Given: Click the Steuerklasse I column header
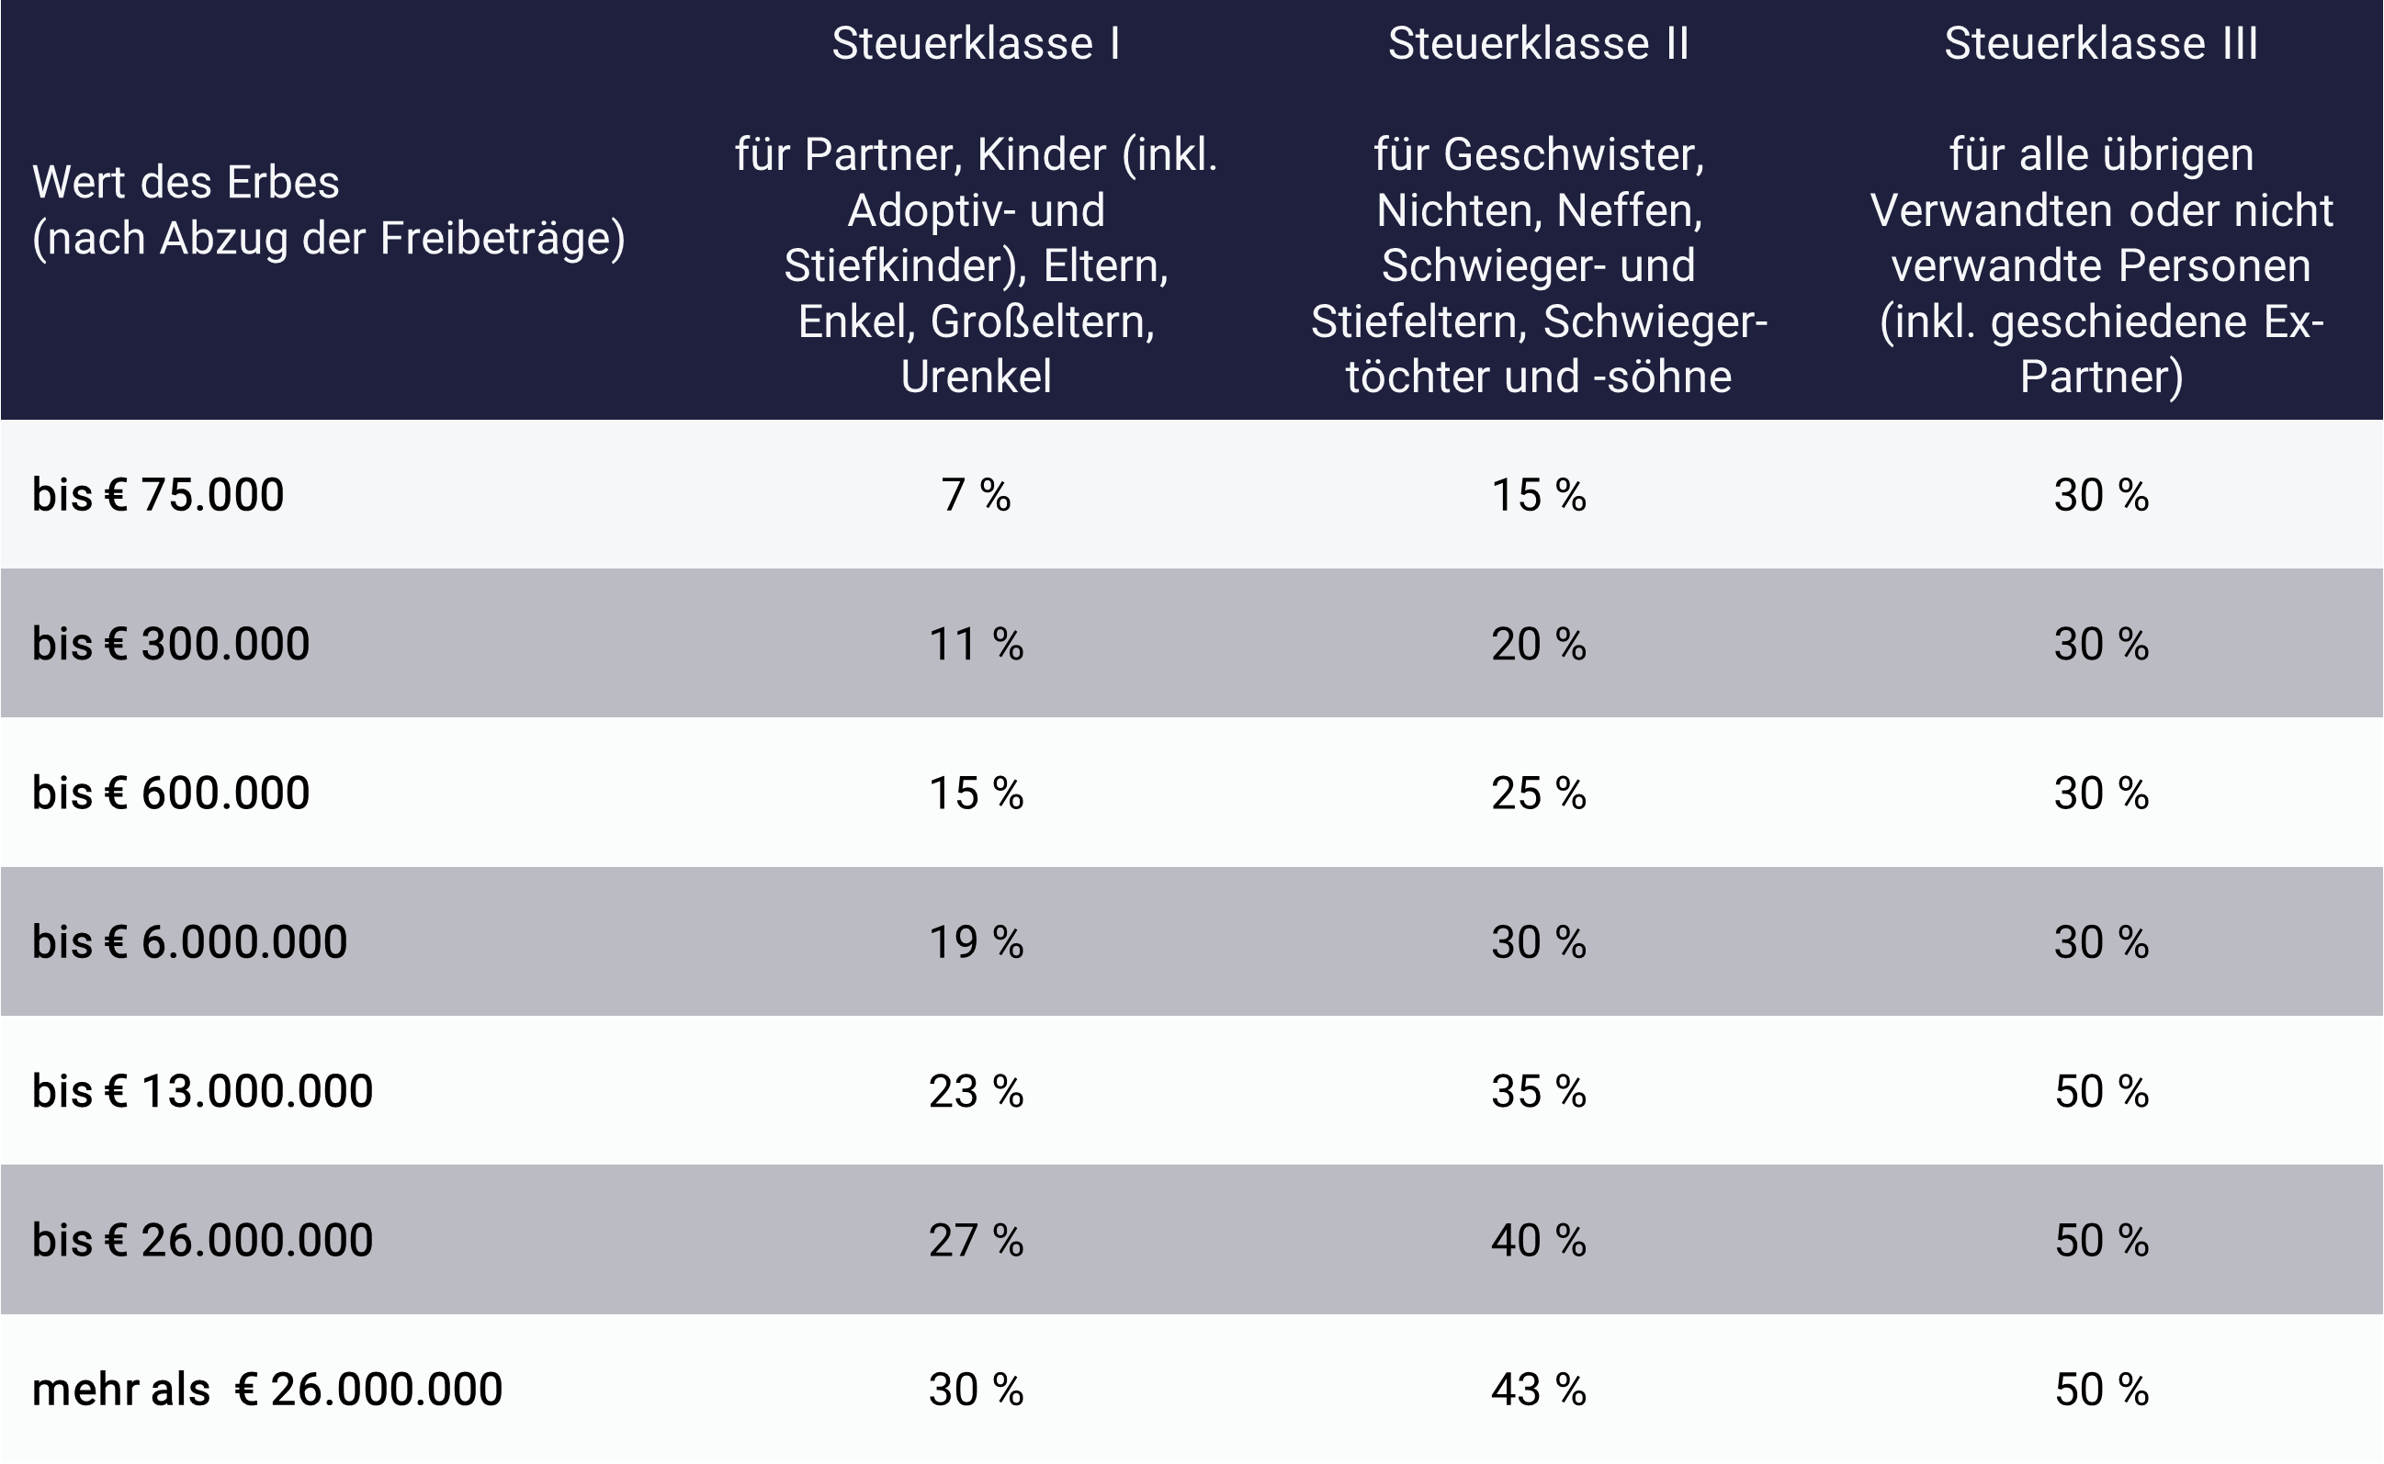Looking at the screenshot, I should click(x=975, y=43).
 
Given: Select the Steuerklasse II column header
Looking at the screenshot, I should click(x=1538, y=43).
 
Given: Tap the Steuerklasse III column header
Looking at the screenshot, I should click(x=2100, y=43).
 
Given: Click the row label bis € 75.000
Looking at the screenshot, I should click(x=158, y=495).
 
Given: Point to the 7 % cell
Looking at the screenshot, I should click(x=975, y=495).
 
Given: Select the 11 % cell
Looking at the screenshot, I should click(x=975, y=644).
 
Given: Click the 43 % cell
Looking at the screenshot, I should click(x=1538, y=1390).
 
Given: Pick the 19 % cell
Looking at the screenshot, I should click(x=975, y=942).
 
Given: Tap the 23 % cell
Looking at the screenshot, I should click(x=975, y=1091).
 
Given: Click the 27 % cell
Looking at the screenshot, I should click(x=975, y=1240).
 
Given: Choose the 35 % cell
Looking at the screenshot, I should click(x=1538, y=1091).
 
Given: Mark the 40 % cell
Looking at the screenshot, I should click(x=1538, y=1240).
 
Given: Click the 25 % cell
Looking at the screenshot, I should click(x=1538, y=793).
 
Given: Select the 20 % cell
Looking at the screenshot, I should click(x=1538, y=644).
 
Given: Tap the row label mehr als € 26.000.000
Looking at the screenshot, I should click(x=267, y=1390).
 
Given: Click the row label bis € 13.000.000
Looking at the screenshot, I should click(x=202, y=1091).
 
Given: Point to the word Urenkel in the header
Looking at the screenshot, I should click(x=975, y=377).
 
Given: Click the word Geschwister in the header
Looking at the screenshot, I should click(x=1573, y=155).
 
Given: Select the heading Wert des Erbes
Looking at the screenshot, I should click(x=186, y=182).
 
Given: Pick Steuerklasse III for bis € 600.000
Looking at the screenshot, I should click(x=2100, y=793).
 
